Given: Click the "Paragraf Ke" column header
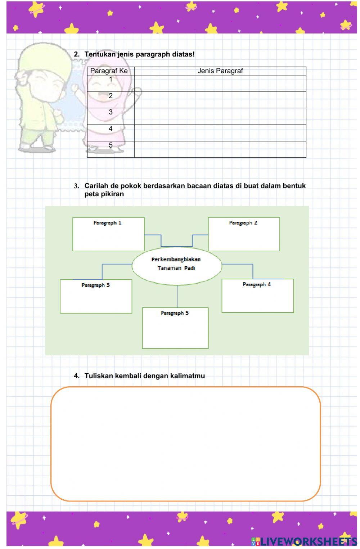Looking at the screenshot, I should click(109, 71).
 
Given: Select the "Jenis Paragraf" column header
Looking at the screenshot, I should click(220, 71).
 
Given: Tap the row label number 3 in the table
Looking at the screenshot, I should click(111, 112).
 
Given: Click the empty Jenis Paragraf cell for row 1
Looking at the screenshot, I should click(220, 83).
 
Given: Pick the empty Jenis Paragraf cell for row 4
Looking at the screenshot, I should click(220, 132).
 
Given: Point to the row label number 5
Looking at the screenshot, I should click(111, 145).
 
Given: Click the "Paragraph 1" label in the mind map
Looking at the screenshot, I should click(107, 223).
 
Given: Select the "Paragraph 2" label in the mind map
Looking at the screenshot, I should click(243, 223).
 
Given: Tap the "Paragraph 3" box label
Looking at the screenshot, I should click(95, 285).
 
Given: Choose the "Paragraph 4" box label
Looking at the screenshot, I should click(257, 284).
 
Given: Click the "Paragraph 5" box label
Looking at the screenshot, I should click(175, 313).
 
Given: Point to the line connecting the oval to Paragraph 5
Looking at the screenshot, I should click(177, 296).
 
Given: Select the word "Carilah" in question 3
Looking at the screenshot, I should click(96, 186).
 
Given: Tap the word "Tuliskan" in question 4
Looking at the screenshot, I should click(98, 376).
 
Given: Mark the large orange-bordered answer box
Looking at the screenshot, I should click(185, 444).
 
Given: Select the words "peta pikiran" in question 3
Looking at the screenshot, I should click(104, 194).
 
